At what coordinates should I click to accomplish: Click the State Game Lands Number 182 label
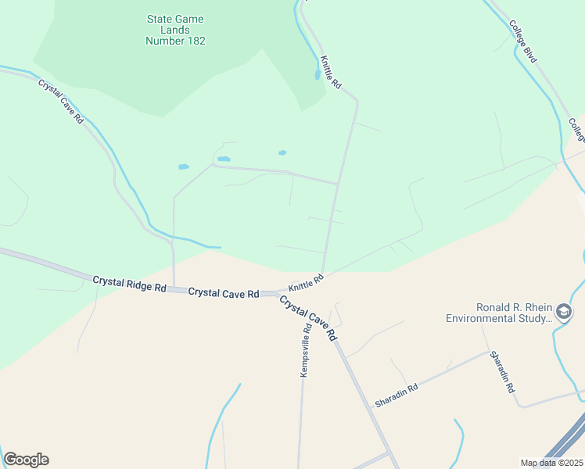[175, 30]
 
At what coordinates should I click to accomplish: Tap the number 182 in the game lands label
[192, 41]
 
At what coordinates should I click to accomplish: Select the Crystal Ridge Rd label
[129, 283]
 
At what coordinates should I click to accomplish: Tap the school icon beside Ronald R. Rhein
[564, 313]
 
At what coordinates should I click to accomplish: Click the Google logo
[26, 460]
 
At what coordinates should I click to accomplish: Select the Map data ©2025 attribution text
[551, 463]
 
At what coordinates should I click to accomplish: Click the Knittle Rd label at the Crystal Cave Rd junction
[306, 281]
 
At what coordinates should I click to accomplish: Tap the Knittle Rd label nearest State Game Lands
[331, 71]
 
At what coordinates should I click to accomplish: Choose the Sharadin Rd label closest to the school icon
[503, 372]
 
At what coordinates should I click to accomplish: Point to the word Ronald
[494, 307]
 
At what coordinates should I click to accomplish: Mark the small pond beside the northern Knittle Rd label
[316, 76]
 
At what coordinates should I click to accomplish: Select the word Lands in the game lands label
[175, 30]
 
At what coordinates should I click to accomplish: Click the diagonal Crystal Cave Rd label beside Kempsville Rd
[308, 317]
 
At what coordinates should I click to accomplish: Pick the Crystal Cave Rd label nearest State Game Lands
[62, 102]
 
